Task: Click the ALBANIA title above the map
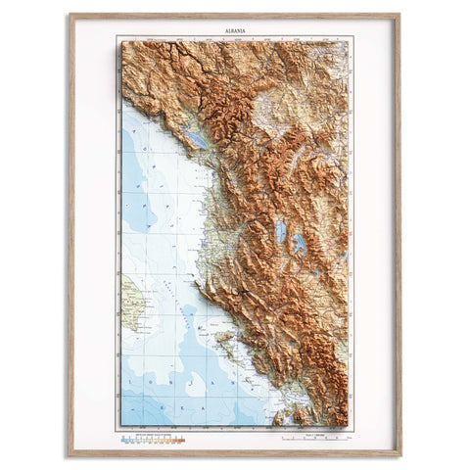click(233, 31)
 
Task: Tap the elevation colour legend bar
click(152, 441)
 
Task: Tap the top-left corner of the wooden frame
click(70, 16)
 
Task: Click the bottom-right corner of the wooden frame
click(399, 454)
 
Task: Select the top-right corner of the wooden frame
click(399, 16)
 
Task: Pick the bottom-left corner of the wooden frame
click(70, 454)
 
